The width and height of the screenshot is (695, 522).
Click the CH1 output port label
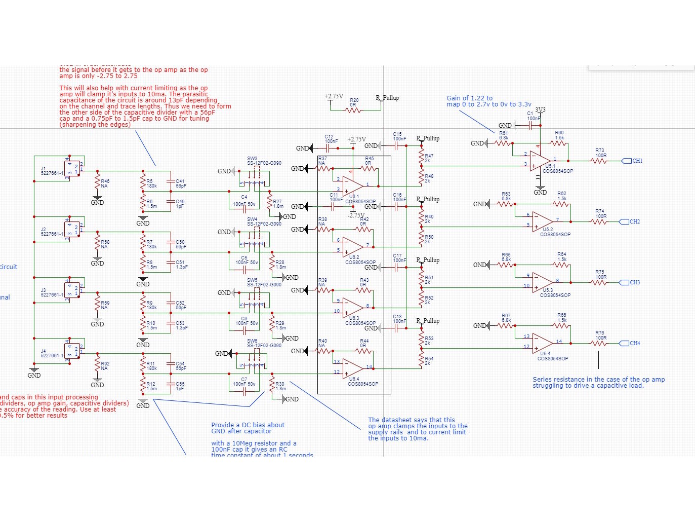coord(636,161)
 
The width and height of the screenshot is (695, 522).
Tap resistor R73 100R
coord(599,161)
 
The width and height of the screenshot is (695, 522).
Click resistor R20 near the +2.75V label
coord(354,110)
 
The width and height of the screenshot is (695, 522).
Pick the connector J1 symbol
coord(72,167)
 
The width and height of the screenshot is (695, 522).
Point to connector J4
coord(72,350)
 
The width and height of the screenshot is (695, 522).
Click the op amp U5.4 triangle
coord(542,343)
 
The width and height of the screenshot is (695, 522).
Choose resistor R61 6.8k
coord(503,143)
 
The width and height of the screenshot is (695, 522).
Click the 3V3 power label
coord(540,110)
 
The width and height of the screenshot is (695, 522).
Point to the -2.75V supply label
coord(355,215)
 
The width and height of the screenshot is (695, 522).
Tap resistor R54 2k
coord(421,360)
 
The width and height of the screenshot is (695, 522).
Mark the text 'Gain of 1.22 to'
coord(469,98)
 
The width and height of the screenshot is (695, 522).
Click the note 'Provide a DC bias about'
coord(248,425)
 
